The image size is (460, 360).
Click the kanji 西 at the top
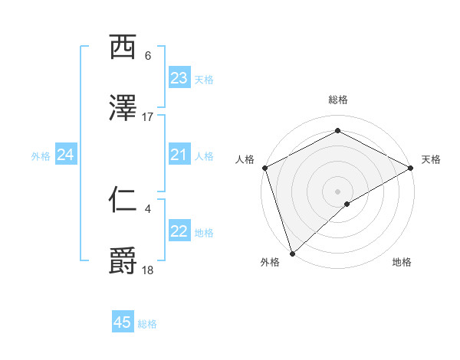[123, 47]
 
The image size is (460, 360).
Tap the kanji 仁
[123, 200]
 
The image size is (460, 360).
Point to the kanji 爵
[123, 260]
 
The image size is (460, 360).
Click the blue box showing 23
[179, 78]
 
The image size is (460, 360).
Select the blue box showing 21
[179, 155]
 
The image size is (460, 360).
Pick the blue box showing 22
[179, 231]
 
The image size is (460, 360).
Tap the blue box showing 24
[65, 155]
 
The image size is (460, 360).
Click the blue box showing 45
[123, 322]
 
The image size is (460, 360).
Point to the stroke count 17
[148, 116]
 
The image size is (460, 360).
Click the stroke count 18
[148, 270]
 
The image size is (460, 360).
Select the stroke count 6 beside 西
[148, 56]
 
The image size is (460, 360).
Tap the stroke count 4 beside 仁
[148, 208]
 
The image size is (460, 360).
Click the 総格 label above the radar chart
[338, 100]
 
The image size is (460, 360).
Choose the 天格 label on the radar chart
[432, 159]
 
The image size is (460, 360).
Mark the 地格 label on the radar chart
[402, 262]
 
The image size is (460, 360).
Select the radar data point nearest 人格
[264, 167]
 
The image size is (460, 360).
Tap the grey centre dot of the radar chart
[338, 191]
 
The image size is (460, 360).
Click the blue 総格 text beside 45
[147, 324]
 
